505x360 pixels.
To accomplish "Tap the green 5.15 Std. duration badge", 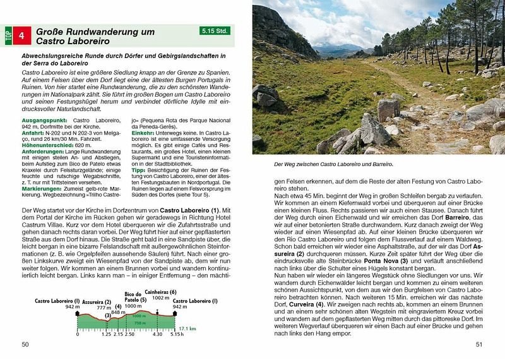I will click(x=216, y=30).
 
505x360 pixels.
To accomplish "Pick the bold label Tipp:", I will click(x=138, y=169).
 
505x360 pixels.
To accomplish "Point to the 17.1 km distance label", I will click(x=188, y=328).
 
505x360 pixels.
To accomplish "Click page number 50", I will click(x=25, y=344).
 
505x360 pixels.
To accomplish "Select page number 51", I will click(x=479, y=344).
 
